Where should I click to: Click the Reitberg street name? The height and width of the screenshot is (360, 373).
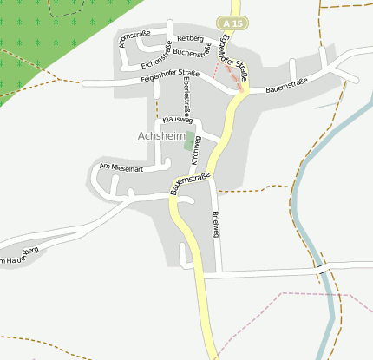click(189, 39)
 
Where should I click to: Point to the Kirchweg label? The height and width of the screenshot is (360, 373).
click(197, 149)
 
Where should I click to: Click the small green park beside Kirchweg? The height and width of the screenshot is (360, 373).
click(189, 141)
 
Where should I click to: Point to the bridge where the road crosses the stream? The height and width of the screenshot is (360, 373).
click(323, 272)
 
